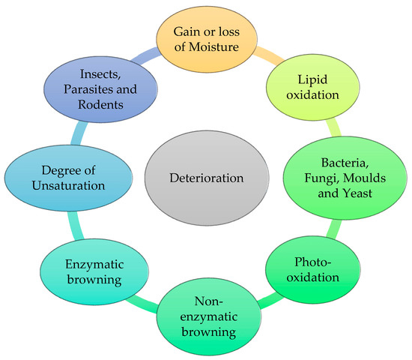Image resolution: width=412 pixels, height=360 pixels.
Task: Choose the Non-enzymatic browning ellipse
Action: tap(210, 314)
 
